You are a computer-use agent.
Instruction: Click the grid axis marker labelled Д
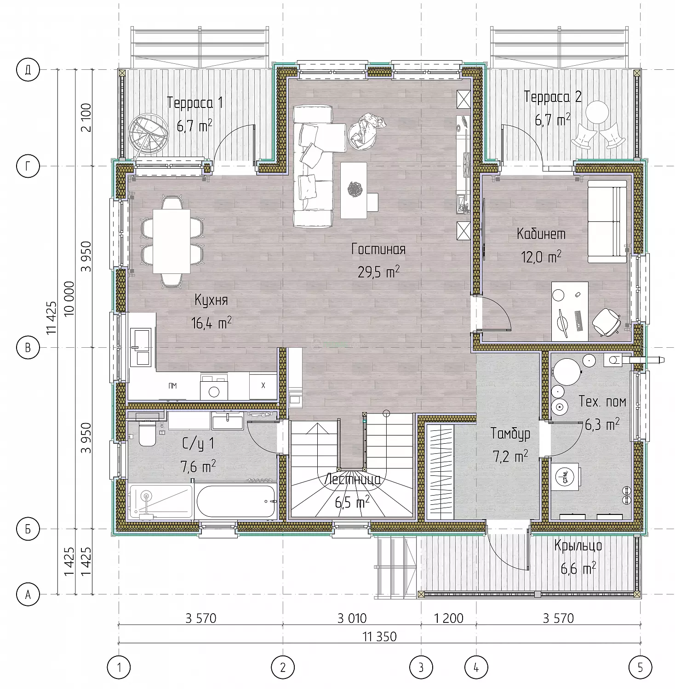[x=28, y=70]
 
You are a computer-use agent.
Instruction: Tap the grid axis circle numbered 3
[x=421, y=666]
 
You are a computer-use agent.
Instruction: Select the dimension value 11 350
[x=380, y=637]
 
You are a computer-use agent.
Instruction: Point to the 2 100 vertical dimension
[x=86, y=118]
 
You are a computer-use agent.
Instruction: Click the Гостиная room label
[x=378, y=249]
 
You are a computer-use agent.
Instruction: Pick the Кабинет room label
[x=541, y=234]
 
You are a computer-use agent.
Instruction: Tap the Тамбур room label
[x=510, y=434]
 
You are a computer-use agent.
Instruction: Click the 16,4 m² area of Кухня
[x=211, y=323]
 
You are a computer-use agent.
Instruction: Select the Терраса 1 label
[x=195, y=102]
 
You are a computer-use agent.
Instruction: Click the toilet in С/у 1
[x=148, y=435]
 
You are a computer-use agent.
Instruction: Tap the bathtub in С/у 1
[x=235, y=501]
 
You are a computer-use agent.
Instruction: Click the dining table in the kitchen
[x=172, y=241]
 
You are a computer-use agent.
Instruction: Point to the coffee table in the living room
[x=354, y=190]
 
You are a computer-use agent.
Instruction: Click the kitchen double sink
[x=140, y=346]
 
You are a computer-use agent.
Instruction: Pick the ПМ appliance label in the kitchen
[x=172, y=386]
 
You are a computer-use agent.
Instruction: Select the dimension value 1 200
[x=449, y=618]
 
